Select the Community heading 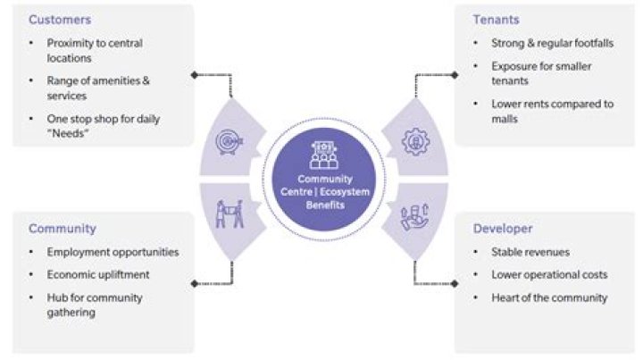[62, 229]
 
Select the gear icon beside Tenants [415, 141]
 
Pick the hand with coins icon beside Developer [416, 214]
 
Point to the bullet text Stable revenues [530, 252]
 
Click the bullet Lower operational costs [549, 274]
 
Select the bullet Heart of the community [549, 297]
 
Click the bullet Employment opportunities [113, 252]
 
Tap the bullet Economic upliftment [99, 275]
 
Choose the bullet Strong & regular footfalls [550, 42]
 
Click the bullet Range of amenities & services [98, 87]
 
